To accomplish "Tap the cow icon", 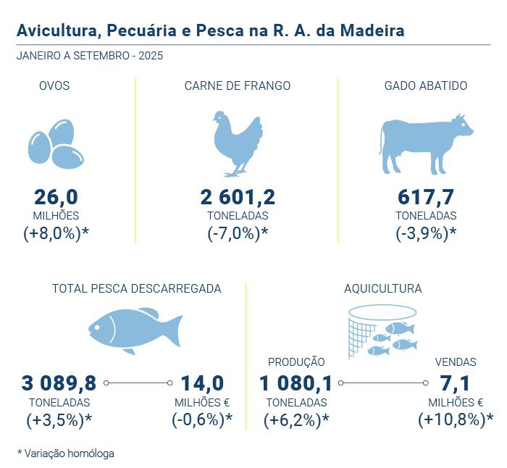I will [x=425, y=143].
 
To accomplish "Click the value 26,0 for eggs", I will [x=56, y=197].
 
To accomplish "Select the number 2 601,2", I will [x=238, y=197].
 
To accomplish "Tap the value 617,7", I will [x=426, y=197].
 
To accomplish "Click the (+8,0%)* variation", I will [x=56, y=233].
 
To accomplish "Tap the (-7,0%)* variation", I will [x=238, y=233].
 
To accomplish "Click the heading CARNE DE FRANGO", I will [x=238, y=85].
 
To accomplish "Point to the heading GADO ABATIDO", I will [x=426, y=85].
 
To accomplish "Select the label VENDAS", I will [x=456, y=362].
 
